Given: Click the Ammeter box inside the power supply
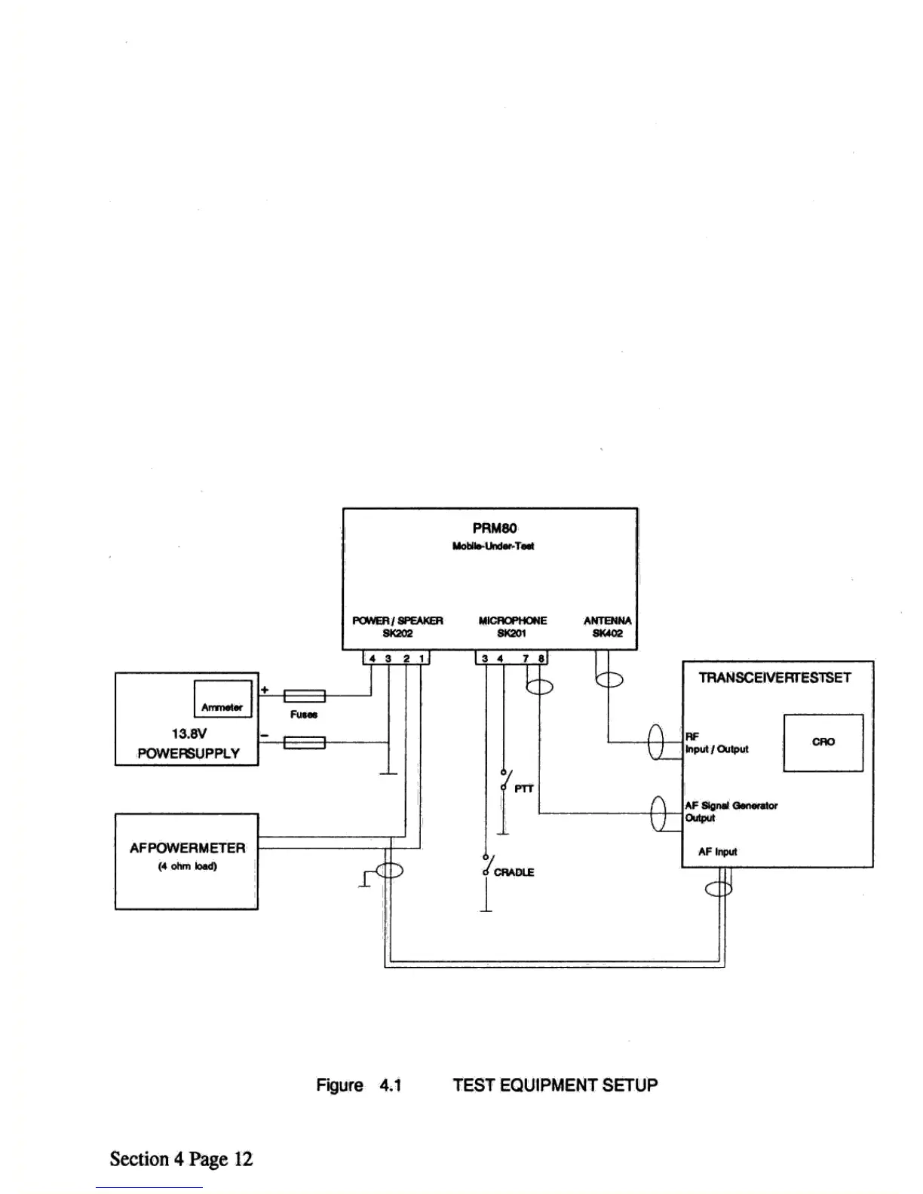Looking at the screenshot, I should [222, 699].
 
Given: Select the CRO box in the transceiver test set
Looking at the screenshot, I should [823, 742].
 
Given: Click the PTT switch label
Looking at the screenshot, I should [523, 788].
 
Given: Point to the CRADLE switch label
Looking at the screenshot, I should [514, 872].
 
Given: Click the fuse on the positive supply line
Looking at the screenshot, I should [304, 696].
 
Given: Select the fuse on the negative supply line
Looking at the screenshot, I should [304, 743].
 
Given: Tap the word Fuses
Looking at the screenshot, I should [304, 715].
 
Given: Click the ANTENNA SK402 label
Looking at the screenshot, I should [607, 627].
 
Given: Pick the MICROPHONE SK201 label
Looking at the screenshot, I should [513, 627].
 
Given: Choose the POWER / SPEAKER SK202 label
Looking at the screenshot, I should [397, 627].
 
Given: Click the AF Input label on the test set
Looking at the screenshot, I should [717, 852].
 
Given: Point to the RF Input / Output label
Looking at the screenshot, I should [716, 743].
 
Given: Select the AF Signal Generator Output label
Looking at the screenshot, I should [730, 812].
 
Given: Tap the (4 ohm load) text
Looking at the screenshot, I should [187, 866].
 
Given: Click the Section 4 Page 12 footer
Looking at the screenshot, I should [181, 1159].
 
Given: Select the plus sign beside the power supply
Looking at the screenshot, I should [265, 690].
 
